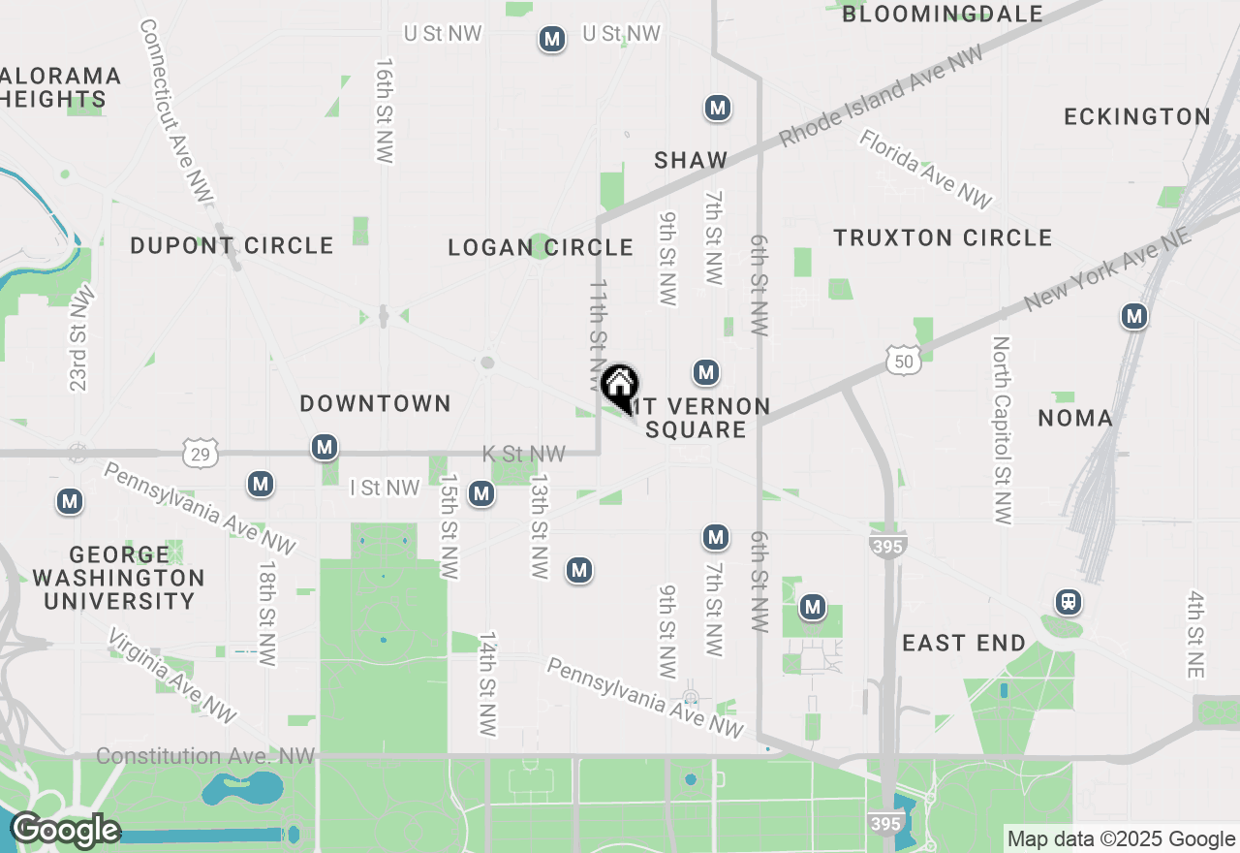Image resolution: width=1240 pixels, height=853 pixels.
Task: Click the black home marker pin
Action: click(x=619, y=386)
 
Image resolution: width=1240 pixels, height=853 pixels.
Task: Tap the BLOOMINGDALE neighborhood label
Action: click(x=942, y=14)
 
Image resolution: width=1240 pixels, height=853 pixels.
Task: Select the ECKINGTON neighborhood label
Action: click(x=1137, y=116)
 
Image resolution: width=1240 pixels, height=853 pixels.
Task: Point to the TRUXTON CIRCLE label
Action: click(x=943, y=237)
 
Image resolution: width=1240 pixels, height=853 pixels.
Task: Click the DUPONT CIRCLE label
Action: click(x=232, y=245)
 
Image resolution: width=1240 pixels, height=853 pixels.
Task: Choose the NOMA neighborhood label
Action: click(x=1075, y=418)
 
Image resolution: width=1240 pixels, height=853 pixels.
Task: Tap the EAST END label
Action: click(x=964, y=643)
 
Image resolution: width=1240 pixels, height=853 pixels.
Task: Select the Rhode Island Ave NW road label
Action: click(x=881, y=96)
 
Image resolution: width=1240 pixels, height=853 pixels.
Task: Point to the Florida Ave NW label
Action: click(x=925, y=169)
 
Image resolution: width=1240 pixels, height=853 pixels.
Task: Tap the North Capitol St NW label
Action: click(x=1002, y=430)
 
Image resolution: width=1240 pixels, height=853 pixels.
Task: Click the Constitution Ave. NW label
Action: click(x=206, y=756)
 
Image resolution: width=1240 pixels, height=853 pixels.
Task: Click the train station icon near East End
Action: click(x=1069, y=602)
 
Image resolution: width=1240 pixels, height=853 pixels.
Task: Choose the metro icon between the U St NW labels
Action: click(x=552, y=40)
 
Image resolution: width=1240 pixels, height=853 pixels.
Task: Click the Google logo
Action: click(x=64, y=831)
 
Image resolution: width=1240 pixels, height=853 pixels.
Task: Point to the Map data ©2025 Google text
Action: click(x=1121, y=839)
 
